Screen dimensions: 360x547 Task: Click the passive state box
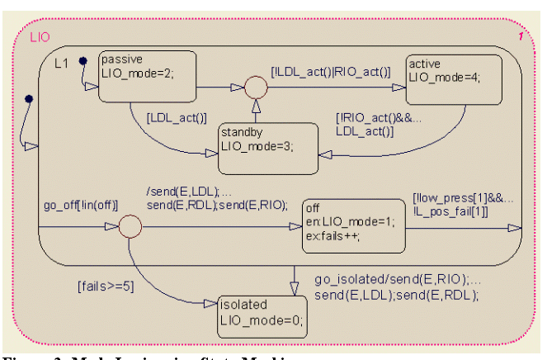tap(147, 77)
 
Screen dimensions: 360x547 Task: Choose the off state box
tap(354, 225)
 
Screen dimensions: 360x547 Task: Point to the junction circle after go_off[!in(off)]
tap(130, 226)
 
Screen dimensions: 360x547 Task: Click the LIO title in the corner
tap(40, 37)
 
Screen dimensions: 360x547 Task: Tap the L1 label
tap(62, 63)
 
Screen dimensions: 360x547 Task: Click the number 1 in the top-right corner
tap(521, 37)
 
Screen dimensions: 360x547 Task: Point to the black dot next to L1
tap(83, 60)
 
